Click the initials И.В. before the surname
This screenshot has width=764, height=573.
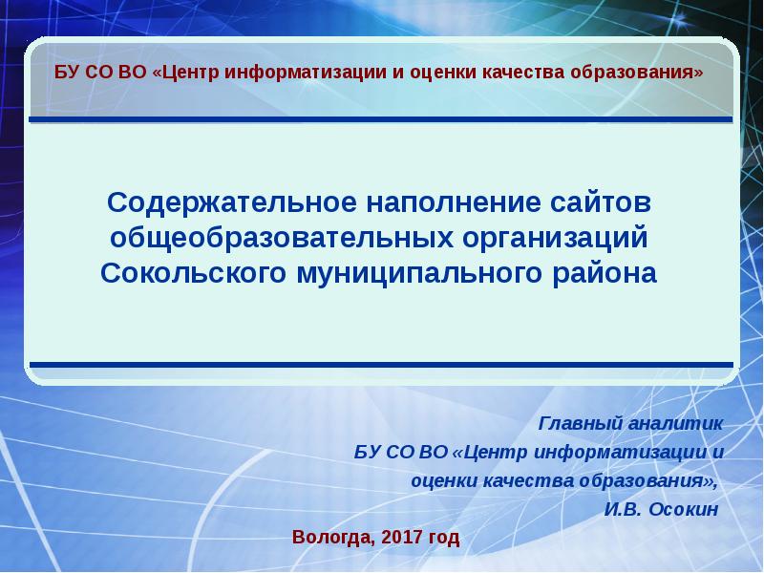623,508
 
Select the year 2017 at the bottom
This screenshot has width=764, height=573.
402,537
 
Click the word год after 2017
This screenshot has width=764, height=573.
443,537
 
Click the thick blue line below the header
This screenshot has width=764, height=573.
382,119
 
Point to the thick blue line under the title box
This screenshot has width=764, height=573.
382,363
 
